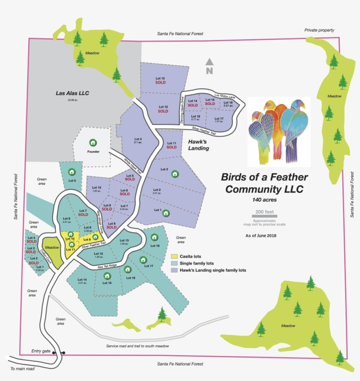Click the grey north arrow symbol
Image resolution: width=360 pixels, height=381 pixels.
pyautogui.click(x=209, y=63)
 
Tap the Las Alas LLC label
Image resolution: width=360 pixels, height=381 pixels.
pyautogui.click(x=72, y=93)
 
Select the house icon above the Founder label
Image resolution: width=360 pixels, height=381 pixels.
pyautogui.click(x=93, y=142)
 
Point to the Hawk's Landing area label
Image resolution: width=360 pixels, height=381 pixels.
pyautogui.click(x=198, y=145)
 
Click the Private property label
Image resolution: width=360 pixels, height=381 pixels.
pyautogui.click(x=319, y=30)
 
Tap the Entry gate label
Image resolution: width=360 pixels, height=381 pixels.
pyautogui.click(x=41, y=351)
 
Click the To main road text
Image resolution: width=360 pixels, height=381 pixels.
pyautogui.click(x=22, y=369)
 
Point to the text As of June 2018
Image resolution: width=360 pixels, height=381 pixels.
pyautogui.click(x=263, y=236)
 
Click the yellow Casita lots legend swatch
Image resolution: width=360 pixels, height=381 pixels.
pyautogui.click(x=174, y=256)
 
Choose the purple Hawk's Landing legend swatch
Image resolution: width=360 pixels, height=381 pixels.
pyautogui.click(x=174, y=270)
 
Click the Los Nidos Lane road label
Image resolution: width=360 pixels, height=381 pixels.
pyautogui.click(x=225, y=95)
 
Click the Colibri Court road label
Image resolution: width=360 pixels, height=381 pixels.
pyautogui.click(x=46, y=257)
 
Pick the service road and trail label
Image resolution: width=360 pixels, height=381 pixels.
pyautogui.click(x=137, y=346)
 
